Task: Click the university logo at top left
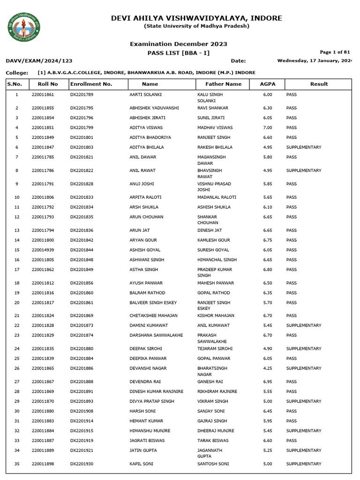coord(24,26)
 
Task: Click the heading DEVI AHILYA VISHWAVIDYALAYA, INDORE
coord(196,18)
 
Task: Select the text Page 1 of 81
coord(335,52)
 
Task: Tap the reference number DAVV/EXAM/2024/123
coord(39,61)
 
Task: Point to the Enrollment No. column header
coord(91,84)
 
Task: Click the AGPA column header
coord(268,84)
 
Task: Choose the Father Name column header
coord(224,84)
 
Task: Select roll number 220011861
coord(43,95)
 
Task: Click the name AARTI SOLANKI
coord(145,95)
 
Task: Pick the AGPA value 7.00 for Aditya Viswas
coord(268,127)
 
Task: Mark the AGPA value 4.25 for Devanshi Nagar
coord(268,368)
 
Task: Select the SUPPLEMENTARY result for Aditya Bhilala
coord(303,147)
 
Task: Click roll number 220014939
coord(43,250)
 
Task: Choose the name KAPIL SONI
coord(141,464)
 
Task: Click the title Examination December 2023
coord(178,44)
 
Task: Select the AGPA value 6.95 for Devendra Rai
coord(268,382)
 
